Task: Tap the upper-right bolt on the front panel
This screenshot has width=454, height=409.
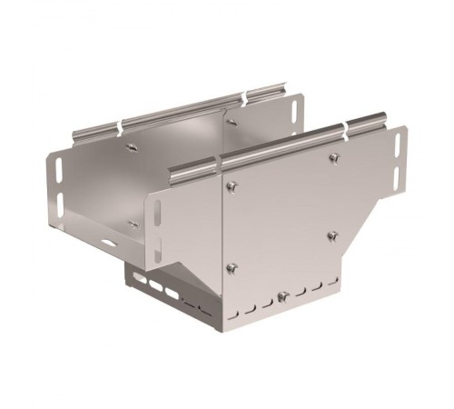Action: pyautogui.click(x=334, y=159)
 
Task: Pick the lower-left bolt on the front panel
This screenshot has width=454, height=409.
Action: pyautogui.click(x=232, y=267)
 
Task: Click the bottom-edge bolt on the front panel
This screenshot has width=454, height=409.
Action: pyautogui.click(x=284, y=296)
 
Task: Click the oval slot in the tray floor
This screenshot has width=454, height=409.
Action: pyautogui.click(x=110, y=243)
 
